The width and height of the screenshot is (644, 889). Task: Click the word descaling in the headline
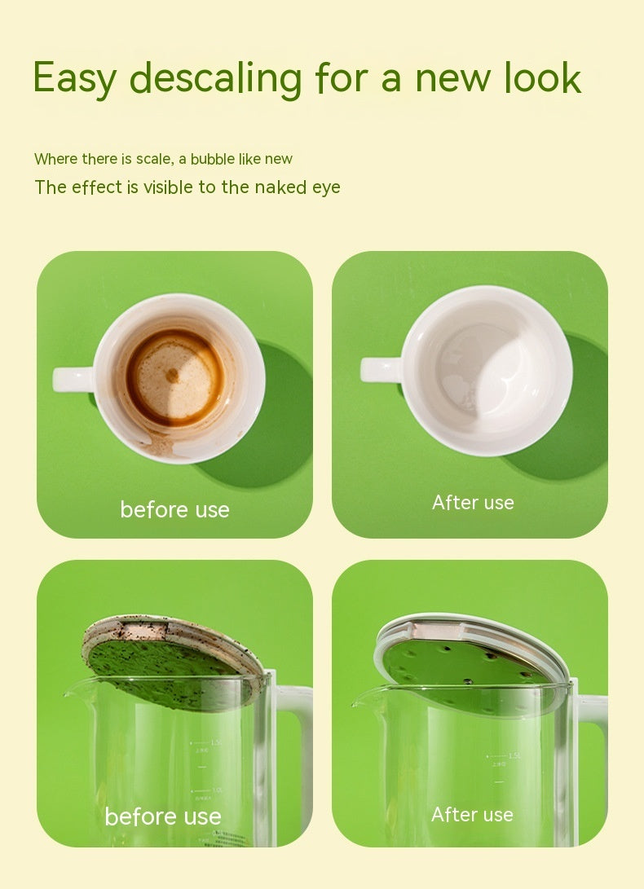215,77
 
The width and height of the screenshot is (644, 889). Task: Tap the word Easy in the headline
75,79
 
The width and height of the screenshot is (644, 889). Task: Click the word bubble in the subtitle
213,159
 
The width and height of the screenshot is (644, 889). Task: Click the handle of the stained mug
73,379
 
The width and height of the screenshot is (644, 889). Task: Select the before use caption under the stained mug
174,510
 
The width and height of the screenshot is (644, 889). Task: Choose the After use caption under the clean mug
473,502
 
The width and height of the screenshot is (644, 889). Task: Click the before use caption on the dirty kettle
163,817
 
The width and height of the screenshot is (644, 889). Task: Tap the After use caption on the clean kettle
472,815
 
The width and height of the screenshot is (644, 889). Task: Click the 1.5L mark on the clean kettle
514,756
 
